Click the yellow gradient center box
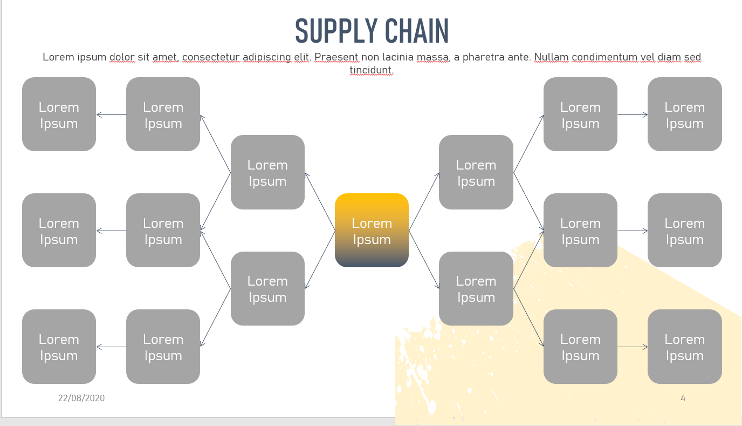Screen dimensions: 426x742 click(372, 231)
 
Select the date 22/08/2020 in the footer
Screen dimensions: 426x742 click(81, 398)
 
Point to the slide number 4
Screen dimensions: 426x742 click(683, 398)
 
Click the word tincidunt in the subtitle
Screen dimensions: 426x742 click(372, 70)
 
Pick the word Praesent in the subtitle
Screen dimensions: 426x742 click(336, 57)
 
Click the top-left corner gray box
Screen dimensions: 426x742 click(59, 114)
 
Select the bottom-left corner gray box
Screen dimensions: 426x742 click(59, 347)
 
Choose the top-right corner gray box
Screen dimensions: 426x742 click(684, 114)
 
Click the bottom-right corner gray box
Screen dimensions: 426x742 click(684, 347)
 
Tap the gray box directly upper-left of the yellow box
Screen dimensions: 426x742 click(267, 172)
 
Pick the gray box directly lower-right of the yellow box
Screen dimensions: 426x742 click(476, 288)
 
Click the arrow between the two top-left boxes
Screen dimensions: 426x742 click(111, 114)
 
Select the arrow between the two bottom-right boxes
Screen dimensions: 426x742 click(633, 347)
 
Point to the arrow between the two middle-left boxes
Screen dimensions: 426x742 click(111, 231)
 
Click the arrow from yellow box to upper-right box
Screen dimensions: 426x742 click(424, 202)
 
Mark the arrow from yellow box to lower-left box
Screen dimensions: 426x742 click(320, 260)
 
